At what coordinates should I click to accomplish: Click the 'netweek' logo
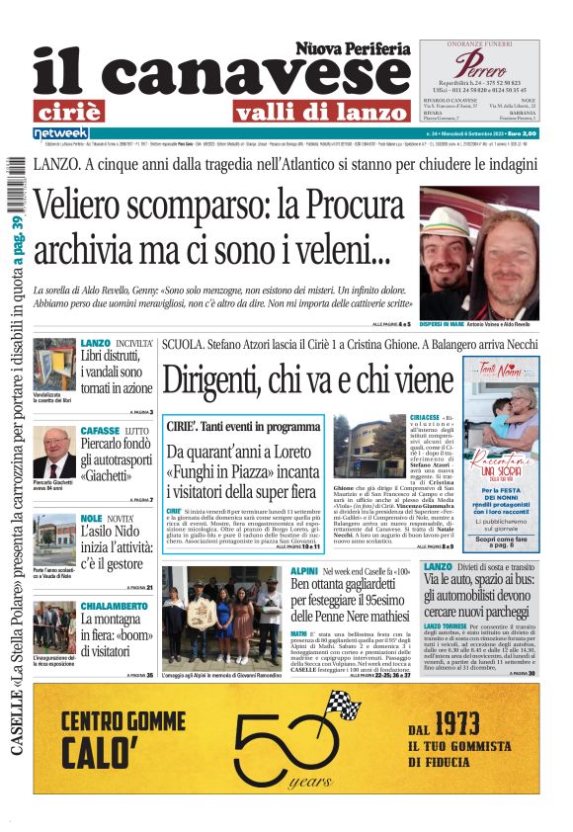point(61,132)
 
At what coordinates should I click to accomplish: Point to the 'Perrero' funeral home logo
point(479,66)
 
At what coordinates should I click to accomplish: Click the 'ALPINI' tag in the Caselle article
point(303,571)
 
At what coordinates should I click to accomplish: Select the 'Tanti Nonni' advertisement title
point(501,374)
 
